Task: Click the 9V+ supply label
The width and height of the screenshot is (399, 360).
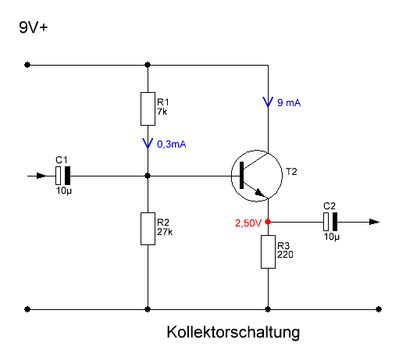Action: (x=34, y=27)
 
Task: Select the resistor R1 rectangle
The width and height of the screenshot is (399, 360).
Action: (x=148, y=109)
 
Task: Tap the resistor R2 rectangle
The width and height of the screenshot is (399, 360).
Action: (x=148, y=229)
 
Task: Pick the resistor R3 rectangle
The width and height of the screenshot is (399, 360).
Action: (x=268, y=251)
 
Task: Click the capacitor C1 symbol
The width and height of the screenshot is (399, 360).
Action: (x=63, y=176)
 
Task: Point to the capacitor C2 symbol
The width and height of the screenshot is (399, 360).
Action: (x=330, y=222)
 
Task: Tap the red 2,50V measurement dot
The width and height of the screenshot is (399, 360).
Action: (x=268, y=222)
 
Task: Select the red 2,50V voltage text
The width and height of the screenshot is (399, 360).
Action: (x=248, y=223)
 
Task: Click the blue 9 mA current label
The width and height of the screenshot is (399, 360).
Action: (x=289, y=103)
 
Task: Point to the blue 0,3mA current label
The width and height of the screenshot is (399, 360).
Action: (x=172, y=144)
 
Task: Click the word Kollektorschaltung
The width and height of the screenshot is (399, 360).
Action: (x=233, y=333)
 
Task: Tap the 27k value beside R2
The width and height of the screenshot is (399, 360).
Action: (x=165, y=232)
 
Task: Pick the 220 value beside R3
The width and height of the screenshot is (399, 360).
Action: (x=285, y=255)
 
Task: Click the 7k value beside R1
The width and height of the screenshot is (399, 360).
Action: (x=162, y=112)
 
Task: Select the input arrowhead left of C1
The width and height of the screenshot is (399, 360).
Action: (x=41, y=176)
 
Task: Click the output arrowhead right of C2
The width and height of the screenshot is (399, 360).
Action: (x=374, y=222)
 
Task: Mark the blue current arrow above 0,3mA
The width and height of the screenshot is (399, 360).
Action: (x=148, y=144)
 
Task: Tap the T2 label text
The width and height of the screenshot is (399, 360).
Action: (x=291, y=172)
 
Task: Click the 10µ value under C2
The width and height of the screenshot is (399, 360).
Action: (x=332, y=237)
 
